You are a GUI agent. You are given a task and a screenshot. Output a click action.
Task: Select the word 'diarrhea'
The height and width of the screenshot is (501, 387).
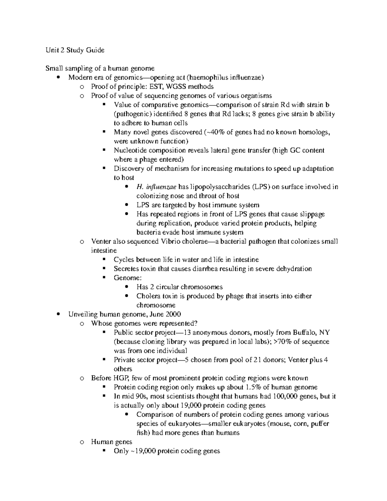click(205, 269)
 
